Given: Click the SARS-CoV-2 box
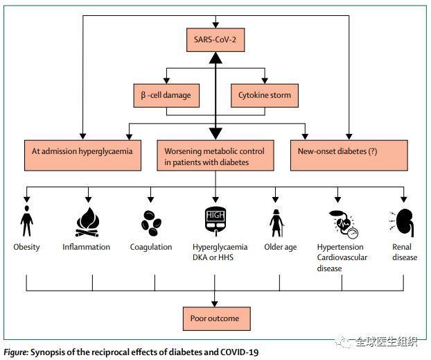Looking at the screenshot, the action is pyautogui.click(x=215, y=40).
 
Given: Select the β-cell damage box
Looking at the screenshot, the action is pyautogui.click(x=166, y=95).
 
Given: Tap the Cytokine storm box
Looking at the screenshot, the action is pyautogui.click(x=265, y=95).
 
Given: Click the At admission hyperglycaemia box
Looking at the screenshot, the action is pyautogui.click(x=82, y=155).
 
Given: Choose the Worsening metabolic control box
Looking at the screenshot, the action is pyautogui.click(x=215, y=155).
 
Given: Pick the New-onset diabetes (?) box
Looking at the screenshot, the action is pyautogui.click(x=349, y=155).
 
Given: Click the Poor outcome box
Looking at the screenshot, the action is pyautogui.click(x=217, y=318).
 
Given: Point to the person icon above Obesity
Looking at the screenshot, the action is pyautogui.click(x=26, y=221).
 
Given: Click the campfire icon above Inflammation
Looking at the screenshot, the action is pyautogui.click(x=88, y=222).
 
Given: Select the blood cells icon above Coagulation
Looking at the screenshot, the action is pyautogui.click(x=151, y=223).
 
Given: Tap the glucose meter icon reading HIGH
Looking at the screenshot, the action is pyautogui.click(x=215, y=221).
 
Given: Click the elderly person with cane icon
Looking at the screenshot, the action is pyautogui.click(x=276, y=223).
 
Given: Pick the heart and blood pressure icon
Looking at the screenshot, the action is pyautogui.click(x=344, y=224).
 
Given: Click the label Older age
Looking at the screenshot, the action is pyautogui.click(x=281, y=247).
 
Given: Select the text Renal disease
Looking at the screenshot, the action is pyautogui.click(x=405, y=252).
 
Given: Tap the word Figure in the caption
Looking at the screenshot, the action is pyautogui.click(x=16, y=352).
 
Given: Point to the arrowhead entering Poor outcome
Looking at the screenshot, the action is pyautogui.click(x=215, y=304).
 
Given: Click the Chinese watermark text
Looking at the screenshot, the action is pyautogui.click(x=386, y=341).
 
